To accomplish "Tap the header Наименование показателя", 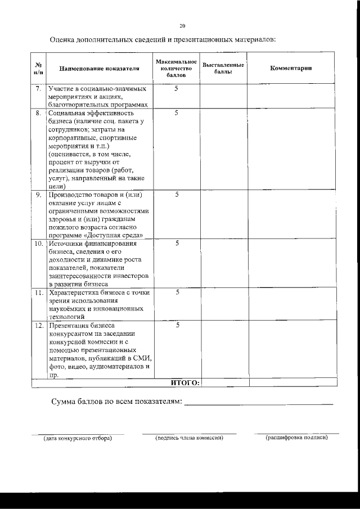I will click(x=99, y=68).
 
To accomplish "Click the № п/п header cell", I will click(x=38, y=68).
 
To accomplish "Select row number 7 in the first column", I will click(x=38, y=89).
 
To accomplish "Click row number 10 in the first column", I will click(x=38, y=244).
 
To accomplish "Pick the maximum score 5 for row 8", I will click(x=176, y=112).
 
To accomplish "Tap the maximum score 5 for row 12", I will click(x=176, y=325).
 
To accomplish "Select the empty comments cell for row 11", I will click(x=292, y=304).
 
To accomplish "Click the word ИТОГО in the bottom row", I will click(x=184, y=382).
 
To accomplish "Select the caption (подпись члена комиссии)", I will click(x=189, y=438).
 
